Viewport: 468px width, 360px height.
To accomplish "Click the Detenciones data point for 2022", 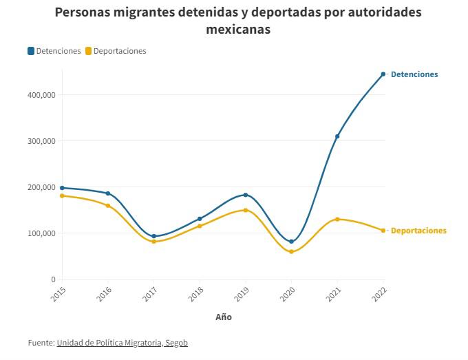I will [383, 74].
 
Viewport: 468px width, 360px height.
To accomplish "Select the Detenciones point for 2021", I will [337, 136].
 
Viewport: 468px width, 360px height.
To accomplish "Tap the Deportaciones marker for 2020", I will [291, 252].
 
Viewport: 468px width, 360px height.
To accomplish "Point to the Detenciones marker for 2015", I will [62, 188].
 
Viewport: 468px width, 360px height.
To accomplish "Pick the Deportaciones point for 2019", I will [246, 210].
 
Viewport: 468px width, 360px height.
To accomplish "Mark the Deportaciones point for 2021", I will [337, 220].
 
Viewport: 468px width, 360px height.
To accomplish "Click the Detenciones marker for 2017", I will [153, 236].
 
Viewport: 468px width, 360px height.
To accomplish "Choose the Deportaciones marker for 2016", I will [108, 206].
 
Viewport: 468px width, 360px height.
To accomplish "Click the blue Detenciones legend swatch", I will [31, 51].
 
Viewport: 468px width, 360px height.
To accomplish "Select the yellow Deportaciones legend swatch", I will [88, 51].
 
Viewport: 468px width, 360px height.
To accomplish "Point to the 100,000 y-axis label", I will [41, 233].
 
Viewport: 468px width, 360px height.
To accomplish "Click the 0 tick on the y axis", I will [52, 279].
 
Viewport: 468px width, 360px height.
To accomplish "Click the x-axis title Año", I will [223, 317].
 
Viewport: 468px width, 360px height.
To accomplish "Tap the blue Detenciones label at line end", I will [414, 74].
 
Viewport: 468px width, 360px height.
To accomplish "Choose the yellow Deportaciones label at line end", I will [418, 231].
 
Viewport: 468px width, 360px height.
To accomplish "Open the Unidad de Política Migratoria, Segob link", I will [122, 343].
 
